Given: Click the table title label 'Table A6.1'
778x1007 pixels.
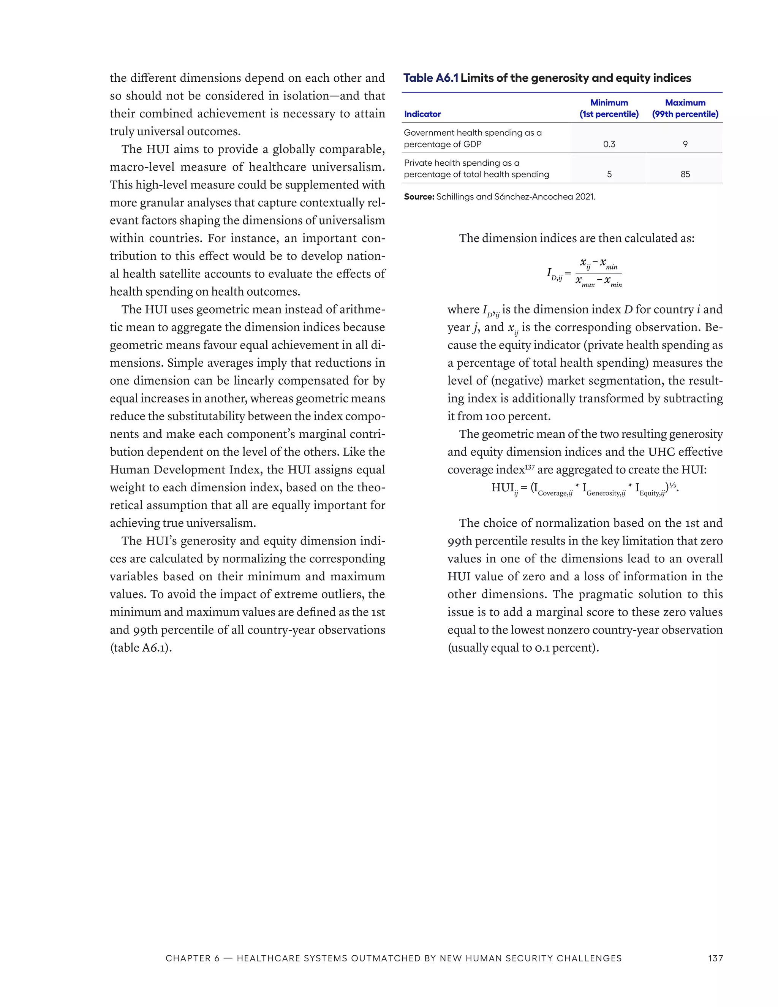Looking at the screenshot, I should pos(430,78).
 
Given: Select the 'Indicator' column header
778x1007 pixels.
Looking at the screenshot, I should pos(422,114).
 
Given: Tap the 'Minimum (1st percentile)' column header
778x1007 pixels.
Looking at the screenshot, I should pos(609,108).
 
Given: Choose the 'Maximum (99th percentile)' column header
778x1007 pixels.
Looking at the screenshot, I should pos(685,108).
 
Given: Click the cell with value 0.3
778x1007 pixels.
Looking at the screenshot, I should pos(609,144).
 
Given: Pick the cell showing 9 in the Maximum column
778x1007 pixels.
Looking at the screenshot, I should pos(685,144).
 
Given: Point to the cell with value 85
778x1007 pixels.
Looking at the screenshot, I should pos(685,174).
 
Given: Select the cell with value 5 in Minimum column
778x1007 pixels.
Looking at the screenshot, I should pos(609,174).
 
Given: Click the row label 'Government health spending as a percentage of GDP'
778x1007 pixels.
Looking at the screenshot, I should pos(473,138).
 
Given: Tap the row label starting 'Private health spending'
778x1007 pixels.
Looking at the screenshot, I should pos(476,168).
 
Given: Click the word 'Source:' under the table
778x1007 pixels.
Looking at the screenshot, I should pos(419,197).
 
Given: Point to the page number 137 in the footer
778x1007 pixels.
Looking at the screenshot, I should pos(715,958).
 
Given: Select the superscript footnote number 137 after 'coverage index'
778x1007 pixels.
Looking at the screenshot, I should pos(530,467).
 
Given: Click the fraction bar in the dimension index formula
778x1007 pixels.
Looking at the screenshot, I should pos(598,274).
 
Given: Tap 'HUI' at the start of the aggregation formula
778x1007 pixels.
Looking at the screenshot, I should pos(502,488).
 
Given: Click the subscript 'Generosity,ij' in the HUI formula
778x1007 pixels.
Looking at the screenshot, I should pos(606,493).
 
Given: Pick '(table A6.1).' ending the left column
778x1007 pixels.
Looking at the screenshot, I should pos(141,648).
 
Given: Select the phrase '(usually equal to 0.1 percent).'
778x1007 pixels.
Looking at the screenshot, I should pos(523,648).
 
